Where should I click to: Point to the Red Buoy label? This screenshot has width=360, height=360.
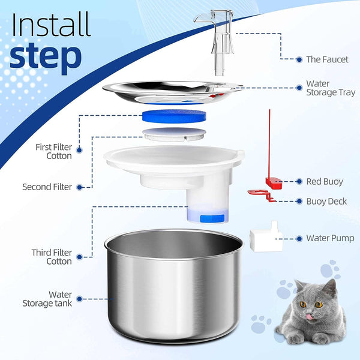pyautogui.click(x=325, y=181)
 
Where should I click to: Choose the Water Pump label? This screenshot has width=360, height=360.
pyautogui.click(x=330, y=238)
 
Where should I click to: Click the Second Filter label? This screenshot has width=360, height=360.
pyautogui.click(x=47, y=187)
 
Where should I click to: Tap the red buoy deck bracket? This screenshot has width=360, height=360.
pyautogui.click(x=261, y=194)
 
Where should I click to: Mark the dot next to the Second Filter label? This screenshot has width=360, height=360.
pyautogui.click(x=79, y=187)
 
